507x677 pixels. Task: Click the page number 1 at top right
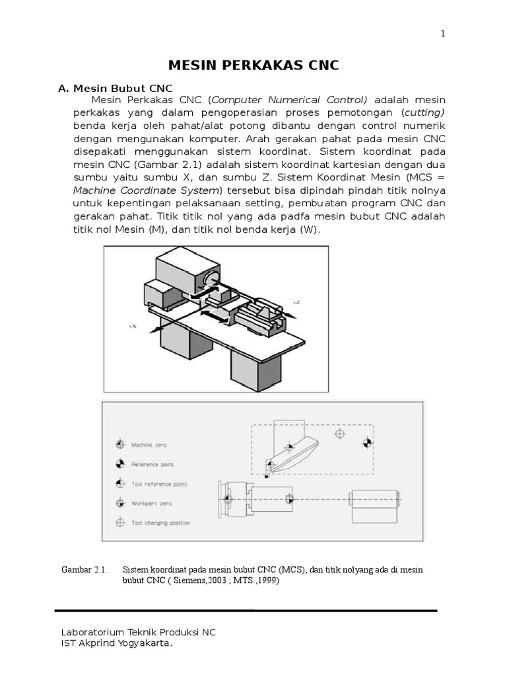(x=443, y=34)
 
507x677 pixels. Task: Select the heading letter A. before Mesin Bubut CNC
(x=64, y=88)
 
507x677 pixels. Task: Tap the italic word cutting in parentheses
(x=424, y=113)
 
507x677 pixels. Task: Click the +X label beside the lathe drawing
(x=133, y=327)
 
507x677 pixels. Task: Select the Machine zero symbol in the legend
(x=120, y=445)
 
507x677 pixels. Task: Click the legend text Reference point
(x=152, y=464)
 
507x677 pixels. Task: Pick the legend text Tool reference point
(x=159, y=484)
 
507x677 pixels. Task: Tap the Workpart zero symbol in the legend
(x=120, y=503)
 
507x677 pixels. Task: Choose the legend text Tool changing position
(x=161, y=522)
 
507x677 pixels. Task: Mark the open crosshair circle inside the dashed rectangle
(x=340, y=434)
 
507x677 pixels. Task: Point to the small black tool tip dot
(x=266, y=475)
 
